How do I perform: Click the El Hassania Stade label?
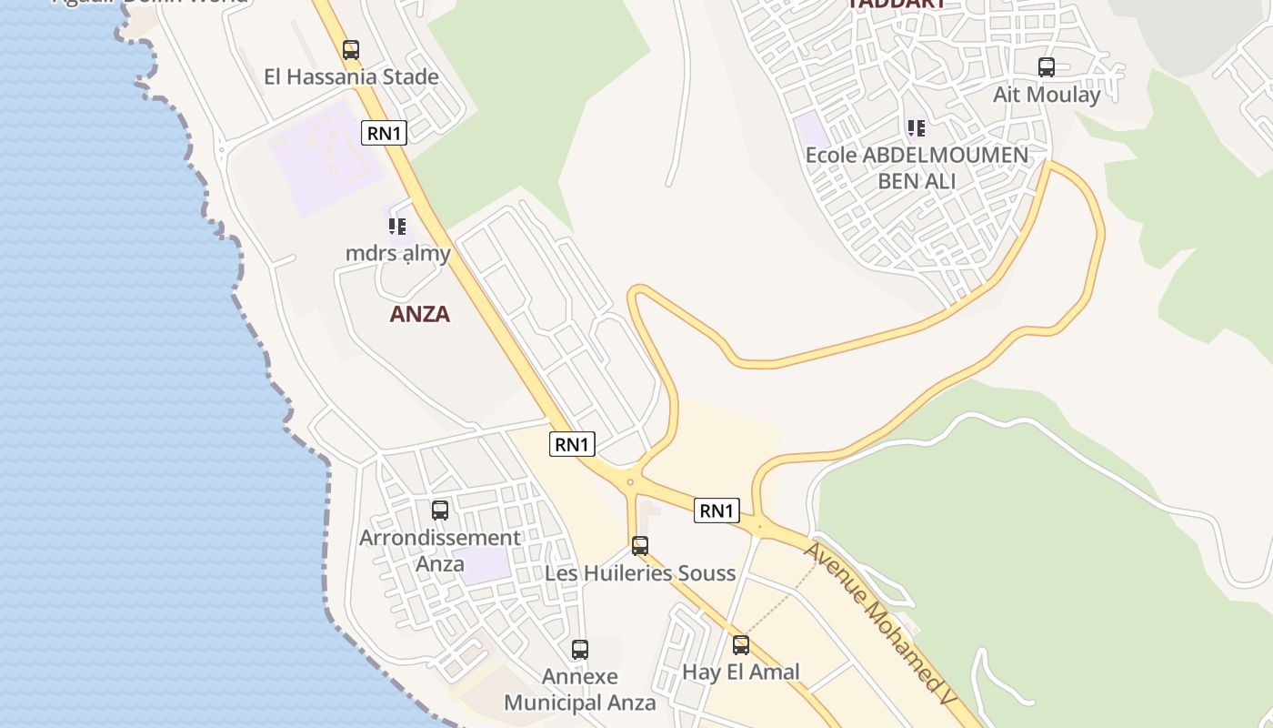351,76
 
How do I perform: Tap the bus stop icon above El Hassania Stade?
351,50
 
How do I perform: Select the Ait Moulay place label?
1047,95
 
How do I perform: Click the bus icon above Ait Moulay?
1047,67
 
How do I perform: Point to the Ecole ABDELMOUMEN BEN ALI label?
917,167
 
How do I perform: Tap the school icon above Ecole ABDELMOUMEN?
917,128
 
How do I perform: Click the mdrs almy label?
398,253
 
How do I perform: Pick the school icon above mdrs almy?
397,226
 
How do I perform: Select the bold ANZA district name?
420,314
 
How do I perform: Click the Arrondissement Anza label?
440,550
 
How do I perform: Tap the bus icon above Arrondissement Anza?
440,511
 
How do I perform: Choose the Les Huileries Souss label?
640,573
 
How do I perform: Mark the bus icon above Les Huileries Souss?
640,546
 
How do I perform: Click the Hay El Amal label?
741,672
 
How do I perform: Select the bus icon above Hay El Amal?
741,645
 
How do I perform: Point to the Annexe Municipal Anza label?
580,690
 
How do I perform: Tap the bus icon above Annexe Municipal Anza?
580,650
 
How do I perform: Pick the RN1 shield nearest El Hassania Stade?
384,133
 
